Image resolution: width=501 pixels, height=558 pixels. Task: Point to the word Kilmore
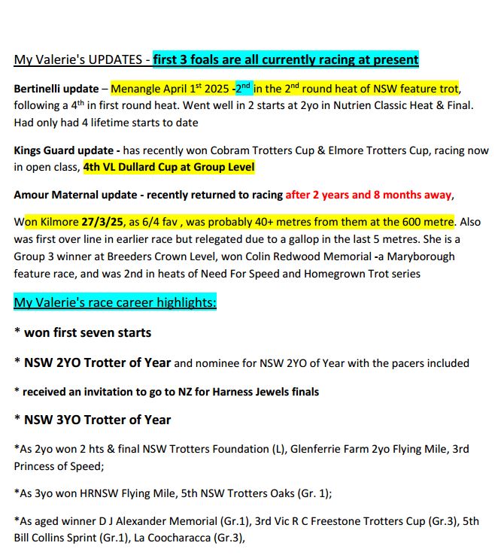coord(57,223)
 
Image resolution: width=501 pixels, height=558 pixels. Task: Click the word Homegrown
coord(318,274)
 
